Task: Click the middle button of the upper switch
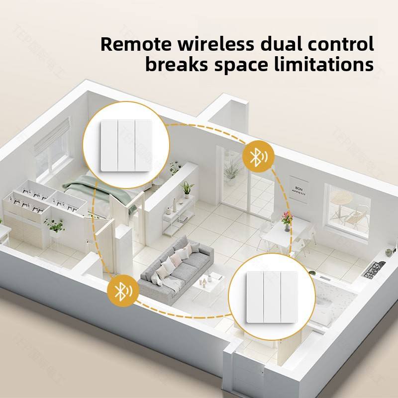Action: (126, 145)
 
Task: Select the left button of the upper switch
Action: (109, 145)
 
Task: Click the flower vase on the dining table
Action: (286, 220)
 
